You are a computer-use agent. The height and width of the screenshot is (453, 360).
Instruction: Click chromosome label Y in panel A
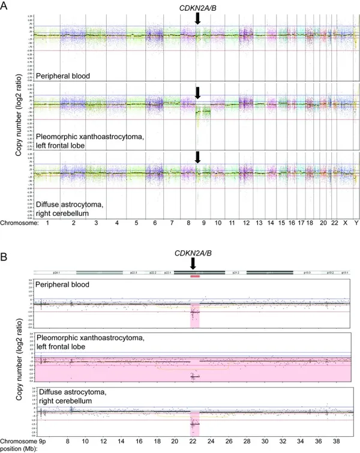pos(355,222)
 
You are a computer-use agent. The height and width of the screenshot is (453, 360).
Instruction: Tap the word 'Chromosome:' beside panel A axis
pos(19,222)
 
